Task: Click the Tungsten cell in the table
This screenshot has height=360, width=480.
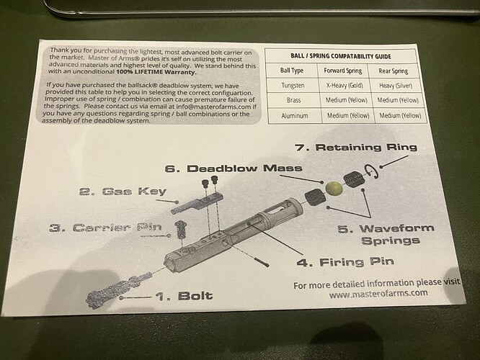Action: [x=293, y=86]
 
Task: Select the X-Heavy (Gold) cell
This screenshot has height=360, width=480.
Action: [x=345, y=86]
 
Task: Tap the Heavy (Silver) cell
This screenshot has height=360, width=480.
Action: [x=396, y=86]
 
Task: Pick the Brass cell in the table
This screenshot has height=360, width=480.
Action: [x=293, y=100]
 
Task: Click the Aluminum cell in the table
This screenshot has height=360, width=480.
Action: [x=295, y=116]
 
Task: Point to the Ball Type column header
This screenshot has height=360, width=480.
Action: [x=292, y=71]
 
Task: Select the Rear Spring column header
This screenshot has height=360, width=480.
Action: [x=394, y=71]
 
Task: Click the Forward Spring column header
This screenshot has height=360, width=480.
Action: [x=343, y=71]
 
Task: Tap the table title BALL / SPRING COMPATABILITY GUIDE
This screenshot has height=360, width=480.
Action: [x=341, y=56]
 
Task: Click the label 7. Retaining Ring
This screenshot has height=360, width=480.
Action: [x=356, y=147]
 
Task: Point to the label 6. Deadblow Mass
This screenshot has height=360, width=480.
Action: [x=234, y=168]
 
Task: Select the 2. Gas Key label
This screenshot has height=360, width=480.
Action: [x=123, y=192]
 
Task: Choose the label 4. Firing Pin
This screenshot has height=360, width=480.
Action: [x=345, y=262]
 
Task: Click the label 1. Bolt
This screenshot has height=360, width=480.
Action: [x=184, y=296]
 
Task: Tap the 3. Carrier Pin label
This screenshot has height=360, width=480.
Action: [x=105, y=228]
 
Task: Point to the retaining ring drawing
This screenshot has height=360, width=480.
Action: [x=371, y=172]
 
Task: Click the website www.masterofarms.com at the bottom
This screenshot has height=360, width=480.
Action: [x=378, y=294]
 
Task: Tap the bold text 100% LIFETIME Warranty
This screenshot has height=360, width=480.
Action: [x=156, y=72]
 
